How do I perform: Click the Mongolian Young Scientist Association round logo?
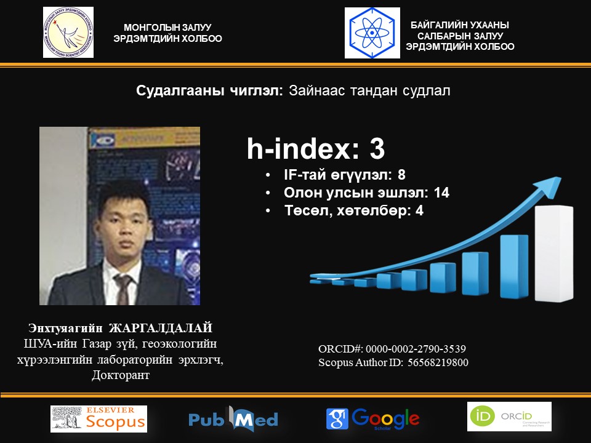click(68, 33)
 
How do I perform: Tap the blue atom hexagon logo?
click(372, 33)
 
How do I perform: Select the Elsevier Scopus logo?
click(98, 418)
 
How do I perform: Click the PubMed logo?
click(233, 418)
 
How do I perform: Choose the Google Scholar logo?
click(373, 419)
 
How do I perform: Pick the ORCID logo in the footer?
click(509, 417)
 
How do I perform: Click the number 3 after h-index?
click(377, 149)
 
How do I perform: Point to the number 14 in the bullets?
click(441, 193)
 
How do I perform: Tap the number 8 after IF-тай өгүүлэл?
click(401, 175)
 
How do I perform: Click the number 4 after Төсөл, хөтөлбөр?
click(419, 210)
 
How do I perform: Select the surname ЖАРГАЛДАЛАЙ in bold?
click(161, 328)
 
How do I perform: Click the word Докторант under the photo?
click(121, 375)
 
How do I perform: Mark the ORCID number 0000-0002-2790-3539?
click(416, 349)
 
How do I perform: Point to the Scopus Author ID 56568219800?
click(438, 362)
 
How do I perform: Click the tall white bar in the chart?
click(553, 253)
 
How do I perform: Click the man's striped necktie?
click(123, 289)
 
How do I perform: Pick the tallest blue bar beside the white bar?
click(513, 266)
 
